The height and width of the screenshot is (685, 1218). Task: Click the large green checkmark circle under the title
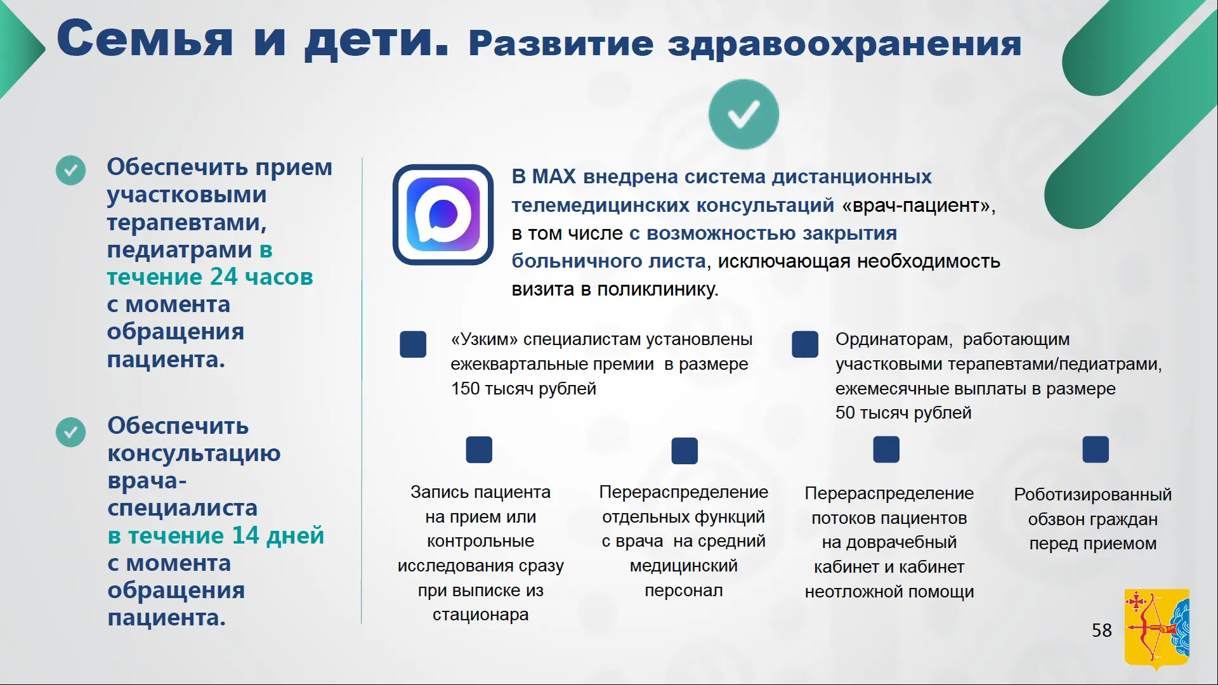(x=743, y=115)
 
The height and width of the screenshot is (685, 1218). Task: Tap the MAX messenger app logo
(x=443, y=214)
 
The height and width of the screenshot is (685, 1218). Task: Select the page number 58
(x=1102, y=630)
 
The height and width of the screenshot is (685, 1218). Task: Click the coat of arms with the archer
(x=1156, y=629)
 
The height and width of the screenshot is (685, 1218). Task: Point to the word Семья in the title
(x=145, y=39)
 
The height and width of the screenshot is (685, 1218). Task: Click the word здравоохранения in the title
(x=844, y=44)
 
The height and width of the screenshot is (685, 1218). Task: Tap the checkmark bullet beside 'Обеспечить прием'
(x=70, y=170)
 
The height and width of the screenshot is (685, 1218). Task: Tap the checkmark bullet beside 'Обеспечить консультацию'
(x=70, y=432)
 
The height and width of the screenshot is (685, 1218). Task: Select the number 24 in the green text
(x=223, y=277)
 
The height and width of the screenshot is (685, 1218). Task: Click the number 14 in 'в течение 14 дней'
(x=245, y=535)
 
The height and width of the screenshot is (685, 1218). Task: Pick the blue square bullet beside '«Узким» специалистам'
(x=413, y=344)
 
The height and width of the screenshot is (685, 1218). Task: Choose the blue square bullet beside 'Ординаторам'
(x=805, y=344)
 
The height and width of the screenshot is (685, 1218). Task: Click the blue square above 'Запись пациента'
(x=479, y=450)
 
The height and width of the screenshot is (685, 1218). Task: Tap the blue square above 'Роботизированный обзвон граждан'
(x=1096, y=450)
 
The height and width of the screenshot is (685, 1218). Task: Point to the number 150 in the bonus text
(x=465, y=388)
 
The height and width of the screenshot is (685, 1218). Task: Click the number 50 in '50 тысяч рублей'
(x=845, y=412)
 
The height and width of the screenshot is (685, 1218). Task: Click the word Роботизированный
(x=1092, y=495)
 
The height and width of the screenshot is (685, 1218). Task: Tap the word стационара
(x=480, y=615)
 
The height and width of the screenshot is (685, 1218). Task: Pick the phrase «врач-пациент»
(x=917, y=205)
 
